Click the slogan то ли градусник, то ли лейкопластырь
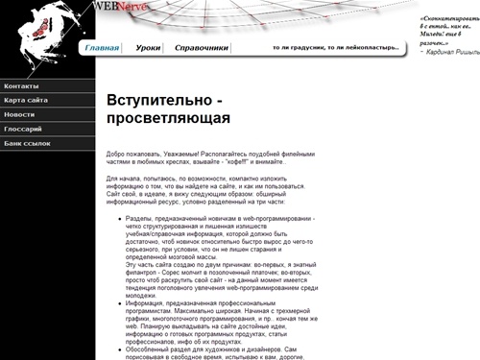(335, 47)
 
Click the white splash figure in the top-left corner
(43, 29)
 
